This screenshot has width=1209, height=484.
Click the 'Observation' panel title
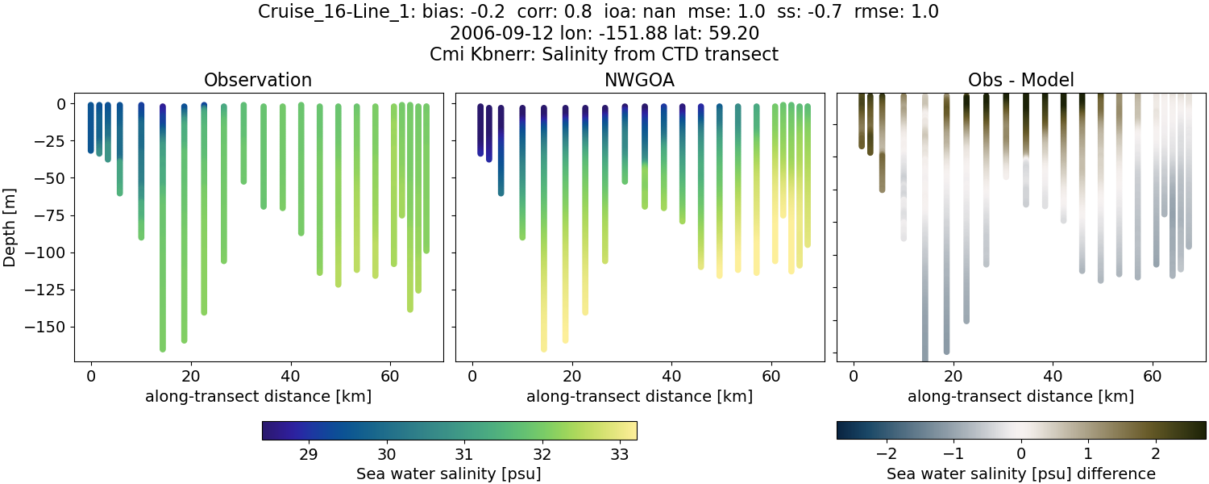258,80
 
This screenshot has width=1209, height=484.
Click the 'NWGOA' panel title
639,80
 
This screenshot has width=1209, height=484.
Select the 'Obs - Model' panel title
1020,80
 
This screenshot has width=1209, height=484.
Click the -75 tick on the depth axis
57,215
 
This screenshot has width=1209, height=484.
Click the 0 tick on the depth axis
64,104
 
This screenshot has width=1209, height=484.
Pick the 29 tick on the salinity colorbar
308,454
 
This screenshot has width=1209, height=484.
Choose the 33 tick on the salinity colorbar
619,454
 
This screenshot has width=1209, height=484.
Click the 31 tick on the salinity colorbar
463,454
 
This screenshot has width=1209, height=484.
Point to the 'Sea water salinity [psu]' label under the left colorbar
449,474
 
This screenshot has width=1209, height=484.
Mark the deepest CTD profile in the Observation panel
163,242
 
